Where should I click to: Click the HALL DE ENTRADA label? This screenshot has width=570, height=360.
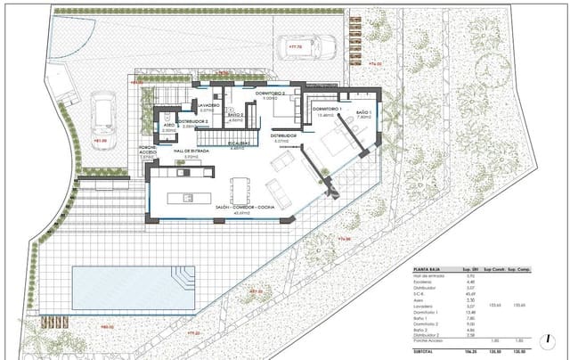click(x=191, y=152)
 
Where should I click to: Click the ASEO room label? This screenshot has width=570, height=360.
click(x=168, y=127)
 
